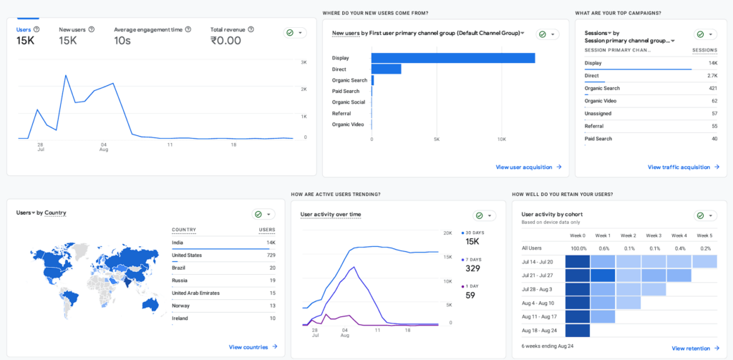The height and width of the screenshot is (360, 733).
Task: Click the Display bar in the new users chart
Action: click(453, 58)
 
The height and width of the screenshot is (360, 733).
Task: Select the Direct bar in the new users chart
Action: click(386, 69)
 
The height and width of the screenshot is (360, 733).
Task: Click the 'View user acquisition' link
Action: click(524, 167)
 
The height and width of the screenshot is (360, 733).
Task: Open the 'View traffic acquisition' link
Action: click(679, 167)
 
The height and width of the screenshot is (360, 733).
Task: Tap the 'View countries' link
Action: click(248, 347)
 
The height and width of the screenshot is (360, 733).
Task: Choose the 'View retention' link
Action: click(691, 349)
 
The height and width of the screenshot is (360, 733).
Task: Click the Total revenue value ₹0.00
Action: click(225, 41)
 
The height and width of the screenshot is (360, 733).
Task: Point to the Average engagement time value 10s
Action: click(122, 41)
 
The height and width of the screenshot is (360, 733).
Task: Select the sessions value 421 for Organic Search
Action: click(712, 88)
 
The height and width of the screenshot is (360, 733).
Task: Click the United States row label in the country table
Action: click(187, 256)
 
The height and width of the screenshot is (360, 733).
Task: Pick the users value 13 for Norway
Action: click(273, 306)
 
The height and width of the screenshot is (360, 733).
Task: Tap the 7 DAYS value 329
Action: click(472, 268)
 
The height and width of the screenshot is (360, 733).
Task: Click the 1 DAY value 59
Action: click(471, 295)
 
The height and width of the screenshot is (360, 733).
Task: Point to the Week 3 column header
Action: click(653, 235)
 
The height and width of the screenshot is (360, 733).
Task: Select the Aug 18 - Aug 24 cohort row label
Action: click(540, 331)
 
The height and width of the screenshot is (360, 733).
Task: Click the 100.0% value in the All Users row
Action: click(578, 248)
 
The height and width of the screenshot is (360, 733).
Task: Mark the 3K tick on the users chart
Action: click(304, 62)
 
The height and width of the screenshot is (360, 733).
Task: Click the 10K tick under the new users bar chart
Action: click(502, 139)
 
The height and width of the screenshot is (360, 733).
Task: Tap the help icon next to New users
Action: click(92, 29)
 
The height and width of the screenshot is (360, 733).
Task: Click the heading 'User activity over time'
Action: click(331, 215)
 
